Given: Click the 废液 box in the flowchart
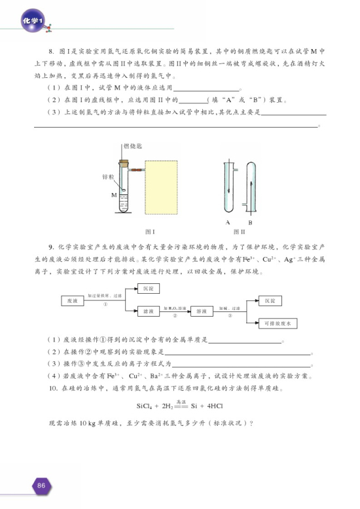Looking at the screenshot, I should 73,300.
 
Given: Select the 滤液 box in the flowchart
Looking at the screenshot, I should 149,311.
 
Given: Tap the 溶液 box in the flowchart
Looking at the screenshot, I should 203,311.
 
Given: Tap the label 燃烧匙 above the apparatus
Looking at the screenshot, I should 132,146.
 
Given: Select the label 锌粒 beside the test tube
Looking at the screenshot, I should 108,177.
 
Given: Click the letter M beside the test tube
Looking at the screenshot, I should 114,194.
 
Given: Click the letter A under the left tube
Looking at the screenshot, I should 227,221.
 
